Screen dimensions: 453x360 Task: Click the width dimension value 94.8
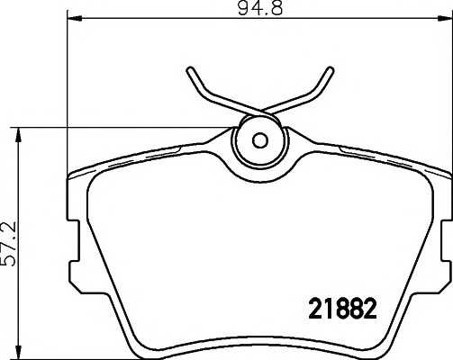click(x=260, y=8)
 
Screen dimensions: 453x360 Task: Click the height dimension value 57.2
click(x=9, y=244)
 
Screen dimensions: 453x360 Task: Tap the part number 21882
click(x=342, y=309)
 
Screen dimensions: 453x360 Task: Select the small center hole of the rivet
click(x=259, y=140)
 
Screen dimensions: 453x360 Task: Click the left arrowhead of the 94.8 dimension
click(x=74, y=19)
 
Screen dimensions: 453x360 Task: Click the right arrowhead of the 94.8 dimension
click(x=445, y=19)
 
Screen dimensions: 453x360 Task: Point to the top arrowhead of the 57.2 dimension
click(x=19, y=135)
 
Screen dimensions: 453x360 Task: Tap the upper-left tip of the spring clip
click(x=190, y=70)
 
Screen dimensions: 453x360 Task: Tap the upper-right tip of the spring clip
click(x=331, y=70)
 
